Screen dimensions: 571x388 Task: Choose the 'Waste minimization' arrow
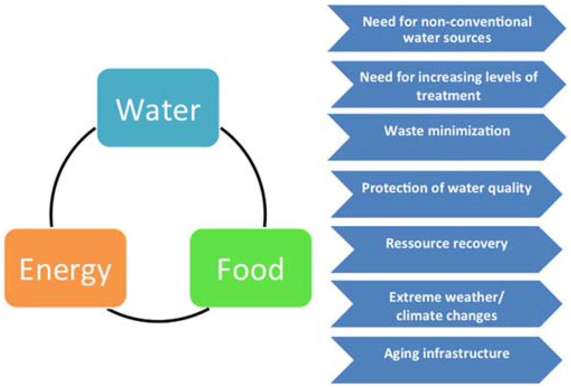click(x=446, y=131)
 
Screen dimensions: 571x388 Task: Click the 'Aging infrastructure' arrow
click(x=446, y=354)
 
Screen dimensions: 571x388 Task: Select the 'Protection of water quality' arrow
click(x=446, y=188)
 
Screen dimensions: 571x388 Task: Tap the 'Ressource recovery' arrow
click(x=446, y=243)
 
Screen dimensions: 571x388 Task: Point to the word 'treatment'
click(x=448, y=96)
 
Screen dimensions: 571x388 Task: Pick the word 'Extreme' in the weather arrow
click(x=411, y=296)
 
